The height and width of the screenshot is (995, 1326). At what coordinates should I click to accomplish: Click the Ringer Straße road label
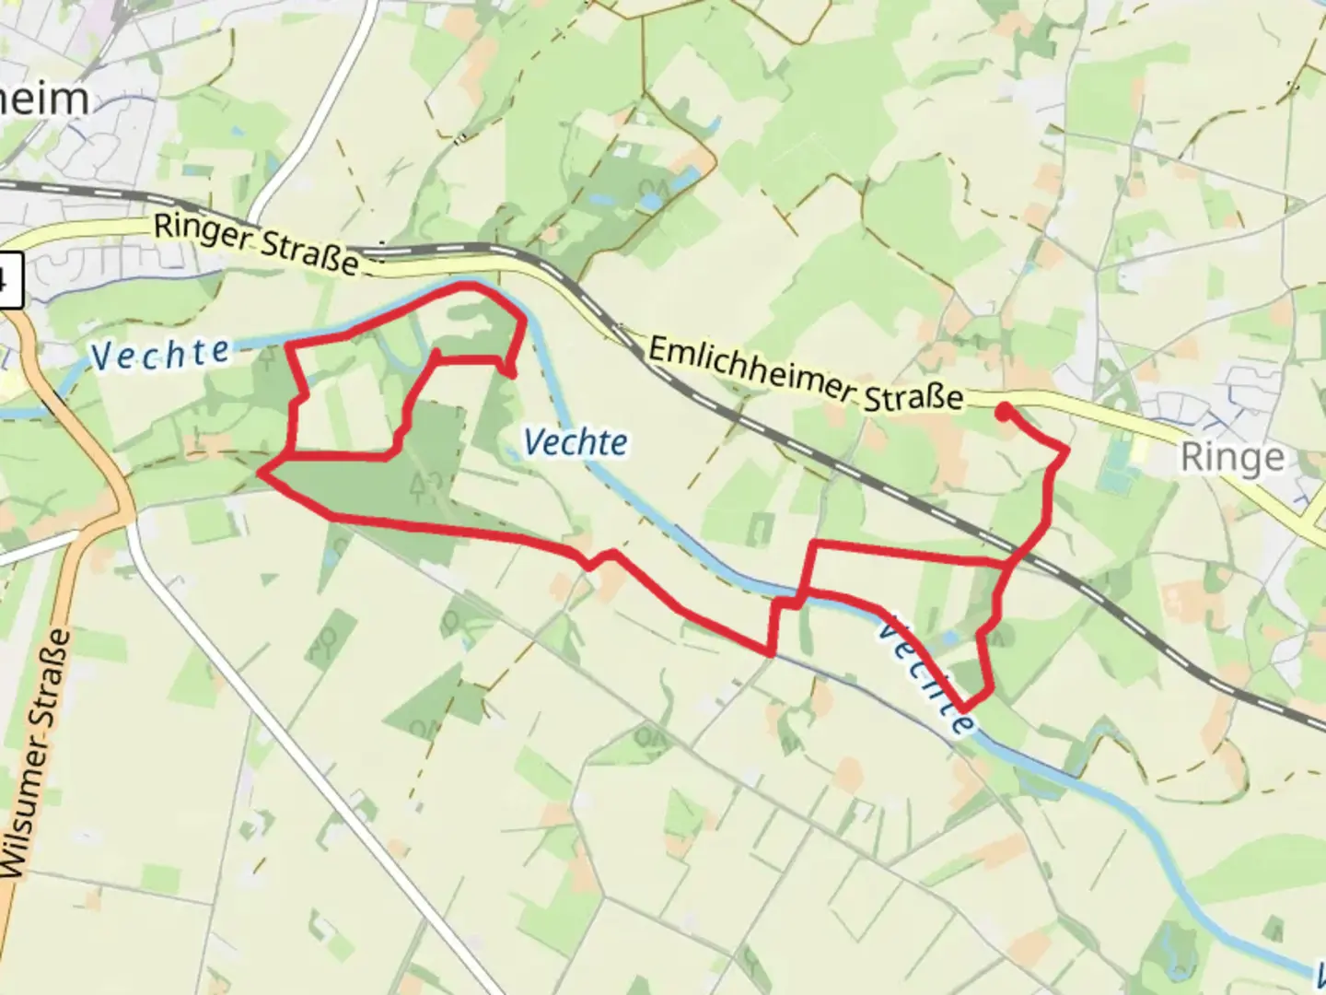[255, 244]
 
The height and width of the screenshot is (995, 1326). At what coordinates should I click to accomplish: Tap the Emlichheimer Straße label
[806, 374]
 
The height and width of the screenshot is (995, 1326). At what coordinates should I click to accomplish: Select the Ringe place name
[1232, 457]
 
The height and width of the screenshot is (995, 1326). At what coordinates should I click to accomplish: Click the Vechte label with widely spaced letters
[161, 353]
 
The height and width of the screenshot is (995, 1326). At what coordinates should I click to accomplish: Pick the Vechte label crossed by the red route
[925, 674]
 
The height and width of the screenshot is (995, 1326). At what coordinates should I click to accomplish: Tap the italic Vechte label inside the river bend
[576, 442]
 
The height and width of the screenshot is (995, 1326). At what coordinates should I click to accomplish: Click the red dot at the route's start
[1002, 412]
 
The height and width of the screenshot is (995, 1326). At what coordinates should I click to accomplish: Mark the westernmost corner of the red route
[262, 474]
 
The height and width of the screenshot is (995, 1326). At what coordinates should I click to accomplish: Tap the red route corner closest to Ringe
[1066, 451]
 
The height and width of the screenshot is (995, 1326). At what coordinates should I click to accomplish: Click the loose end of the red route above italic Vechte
[511, 373]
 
